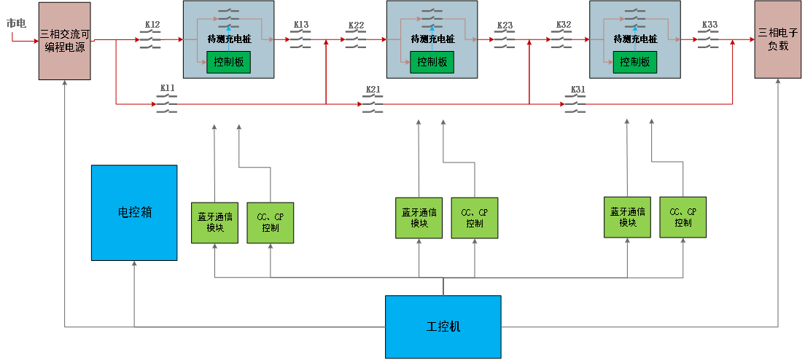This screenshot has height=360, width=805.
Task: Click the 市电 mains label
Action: pyautogui.click(x=16, y=23)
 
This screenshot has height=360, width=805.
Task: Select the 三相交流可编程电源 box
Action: pyautogui.click(x=65, y=41)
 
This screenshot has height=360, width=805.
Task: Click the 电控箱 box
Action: pyautogui.click(x=134, y=213)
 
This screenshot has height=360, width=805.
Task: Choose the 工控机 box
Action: pyautogui.click(x=443, y=326)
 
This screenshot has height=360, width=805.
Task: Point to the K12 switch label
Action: pyautogui.click(x=152, y=25)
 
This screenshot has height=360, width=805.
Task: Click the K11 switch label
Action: pyautogui.click(x=168, y=88)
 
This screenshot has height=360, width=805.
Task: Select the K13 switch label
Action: pyautogui.click(x=301, y=25)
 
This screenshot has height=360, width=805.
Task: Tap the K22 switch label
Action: pyautogui.click(x=356, y=25)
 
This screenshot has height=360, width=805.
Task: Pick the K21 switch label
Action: pyautogui.click(x=373, y=89)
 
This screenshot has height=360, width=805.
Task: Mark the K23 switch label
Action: pyautogui.click(x=505, y=25)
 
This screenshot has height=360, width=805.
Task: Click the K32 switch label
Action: pyautogui.click(x=564, y=25)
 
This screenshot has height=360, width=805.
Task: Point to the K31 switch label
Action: pyautogui.click(x=577, y=89)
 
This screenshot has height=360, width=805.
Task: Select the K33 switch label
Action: pyautogui.click(x=709, y=25)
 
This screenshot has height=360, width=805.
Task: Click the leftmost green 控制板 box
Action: pyautogui.click(x=228, y=62)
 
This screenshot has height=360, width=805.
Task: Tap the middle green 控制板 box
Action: pyautogui.click(x=432, y=62)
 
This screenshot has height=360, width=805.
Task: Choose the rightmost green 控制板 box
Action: pyautogui.click(x=634, y=62)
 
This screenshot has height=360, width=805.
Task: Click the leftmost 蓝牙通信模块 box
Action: pyautogui.click(x=214, y=222)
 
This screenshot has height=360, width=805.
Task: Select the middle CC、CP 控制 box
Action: pyautogui.click(x=475, y=218)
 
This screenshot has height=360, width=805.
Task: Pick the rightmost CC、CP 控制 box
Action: pyautogui.click(x=683, y=216)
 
